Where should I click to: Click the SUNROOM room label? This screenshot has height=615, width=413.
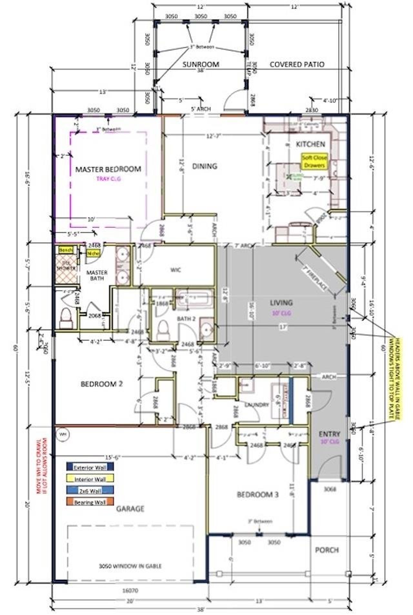201,64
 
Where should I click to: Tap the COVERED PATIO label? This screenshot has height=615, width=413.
297,64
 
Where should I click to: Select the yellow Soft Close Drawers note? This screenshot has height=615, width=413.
314,161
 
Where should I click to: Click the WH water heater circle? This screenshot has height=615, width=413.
63,434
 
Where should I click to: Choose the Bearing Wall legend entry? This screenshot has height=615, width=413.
90,502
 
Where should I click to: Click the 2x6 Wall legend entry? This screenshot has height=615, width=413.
90,491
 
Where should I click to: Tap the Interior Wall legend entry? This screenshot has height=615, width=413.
90,479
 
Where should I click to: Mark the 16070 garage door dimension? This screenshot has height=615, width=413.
130,591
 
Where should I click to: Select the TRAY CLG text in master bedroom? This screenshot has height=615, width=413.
108,179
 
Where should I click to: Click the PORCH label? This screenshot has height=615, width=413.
327,550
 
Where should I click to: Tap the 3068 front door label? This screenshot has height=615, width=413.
330,489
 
